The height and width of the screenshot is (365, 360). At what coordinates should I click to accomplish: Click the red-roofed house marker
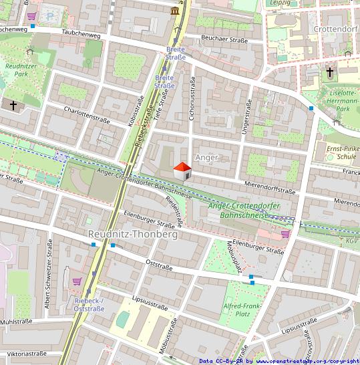(182, 171)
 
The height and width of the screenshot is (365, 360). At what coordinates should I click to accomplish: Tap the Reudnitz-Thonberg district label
(133, 235)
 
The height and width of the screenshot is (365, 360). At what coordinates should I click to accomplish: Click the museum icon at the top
(175, 11)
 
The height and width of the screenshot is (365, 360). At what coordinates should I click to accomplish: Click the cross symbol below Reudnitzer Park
(13, 105)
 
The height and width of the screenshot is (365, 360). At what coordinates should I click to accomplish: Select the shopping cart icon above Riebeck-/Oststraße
(77, 281)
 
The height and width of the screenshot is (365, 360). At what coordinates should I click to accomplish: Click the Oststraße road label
(159, 267)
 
